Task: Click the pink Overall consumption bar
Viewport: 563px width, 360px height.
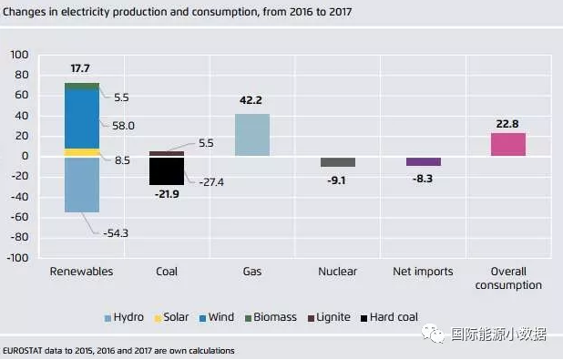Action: coord(508,144)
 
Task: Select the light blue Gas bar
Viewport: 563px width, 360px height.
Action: coord(252,135)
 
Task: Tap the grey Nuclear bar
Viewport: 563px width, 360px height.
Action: coord(338,162)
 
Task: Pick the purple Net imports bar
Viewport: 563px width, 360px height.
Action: coord(424,161)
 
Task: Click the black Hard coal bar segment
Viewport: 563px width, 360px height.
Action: coord(167,171)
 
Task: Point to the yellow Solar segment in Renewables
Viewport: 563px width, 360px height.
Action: coord(82,153)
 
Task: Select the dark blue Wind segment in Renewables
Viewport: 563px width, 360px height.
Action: coord(82,118)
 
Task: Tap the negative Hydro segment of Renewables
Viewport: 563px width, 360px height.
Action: coord(82,185)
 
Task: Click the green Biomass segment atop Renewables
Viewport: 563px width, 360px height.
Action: coord(82,87)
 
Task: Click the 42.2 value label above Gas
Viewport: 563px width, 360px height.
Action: coord(251,100)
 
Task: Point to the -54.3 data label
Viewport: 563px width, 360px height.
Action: coord(116,233)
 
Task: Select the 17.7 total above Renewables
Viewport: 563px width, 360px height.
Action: coord(80,68)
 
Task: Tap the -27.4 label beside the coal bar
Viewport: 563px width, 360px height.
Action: coord(211,182)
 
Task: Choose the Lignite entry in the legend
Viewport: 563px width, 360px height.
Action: coord(329,317)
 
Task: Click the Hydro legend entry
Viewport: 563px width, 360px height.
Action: coord(124,317)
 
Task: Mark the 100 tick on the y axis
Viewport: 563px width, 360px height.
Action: coord(19,55)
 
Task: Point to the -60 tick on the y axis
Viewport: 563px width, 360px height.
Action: coord(19,217)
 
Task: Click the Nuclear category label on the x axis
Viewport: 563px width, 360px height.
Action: coord(337,272)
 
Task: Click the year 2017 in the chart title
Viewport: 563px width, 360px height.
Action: coord(341,12)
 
